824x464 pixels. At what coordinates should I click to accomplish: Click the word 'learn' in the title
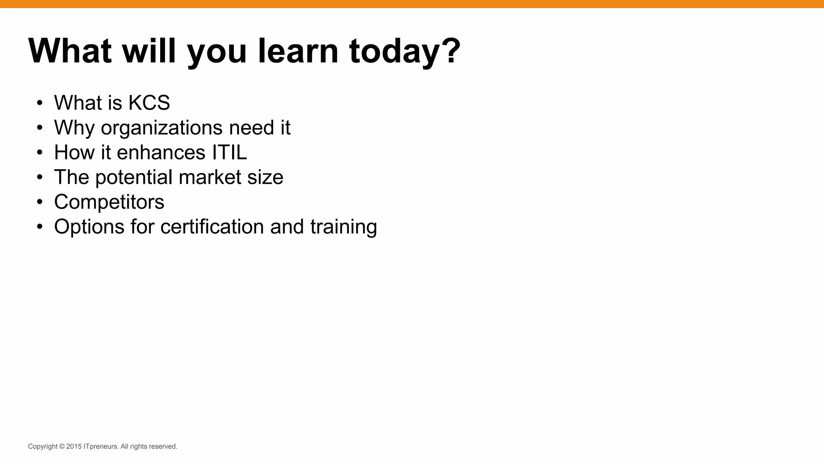coord(298,51)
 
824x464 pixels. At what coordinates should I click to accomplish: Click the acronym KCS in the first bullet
coord(149,103)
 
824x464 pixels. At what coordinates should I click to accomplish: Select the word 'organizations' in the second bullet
coord(162,128)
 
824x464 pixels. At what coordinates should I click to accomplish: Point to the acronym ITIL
coord(227,153)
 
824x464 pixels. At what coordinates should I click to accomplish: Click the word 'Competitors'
coord(109,202)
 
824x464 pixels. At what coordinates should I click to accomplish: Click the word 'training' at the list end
coord(344,226)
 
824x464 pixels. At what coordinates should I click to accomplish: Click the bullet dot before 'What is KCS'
coord(39,103)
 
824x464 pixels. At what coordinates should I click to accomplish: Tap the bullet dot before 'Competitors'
coord(39,202)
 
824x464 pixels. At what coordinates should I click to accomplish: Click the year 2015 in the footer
coord(74,447)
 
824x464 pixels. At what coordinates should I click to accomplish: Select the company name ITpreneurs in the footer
coord(101,447)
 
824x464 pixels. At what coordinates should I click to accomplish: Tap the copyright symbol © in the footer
coord(62,447)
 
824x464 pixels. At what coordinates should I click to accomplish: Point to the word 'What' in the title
coord(70,51)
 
